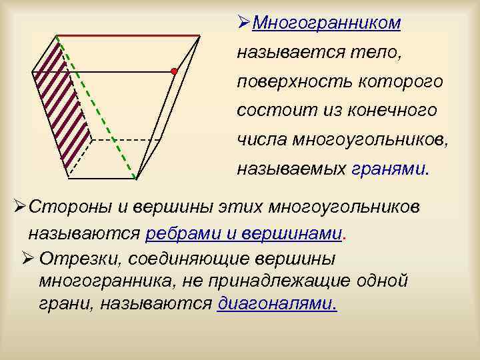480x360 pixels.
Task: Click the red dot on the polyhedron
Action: tap(173, 70)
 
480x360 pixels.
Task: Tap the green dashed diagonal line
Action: tap(97, 107)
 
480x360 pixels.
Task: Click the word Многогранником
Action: tap(327, 23)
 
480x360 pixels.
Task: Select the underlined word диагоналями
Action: tap(277, 303)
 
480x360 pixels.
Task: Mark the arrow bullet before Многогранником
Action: tap(243, 23)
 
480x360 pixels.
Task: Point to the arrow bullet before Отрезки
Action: tap(27, 259)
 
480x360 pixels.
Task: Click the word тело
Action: tap(379, 52)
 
